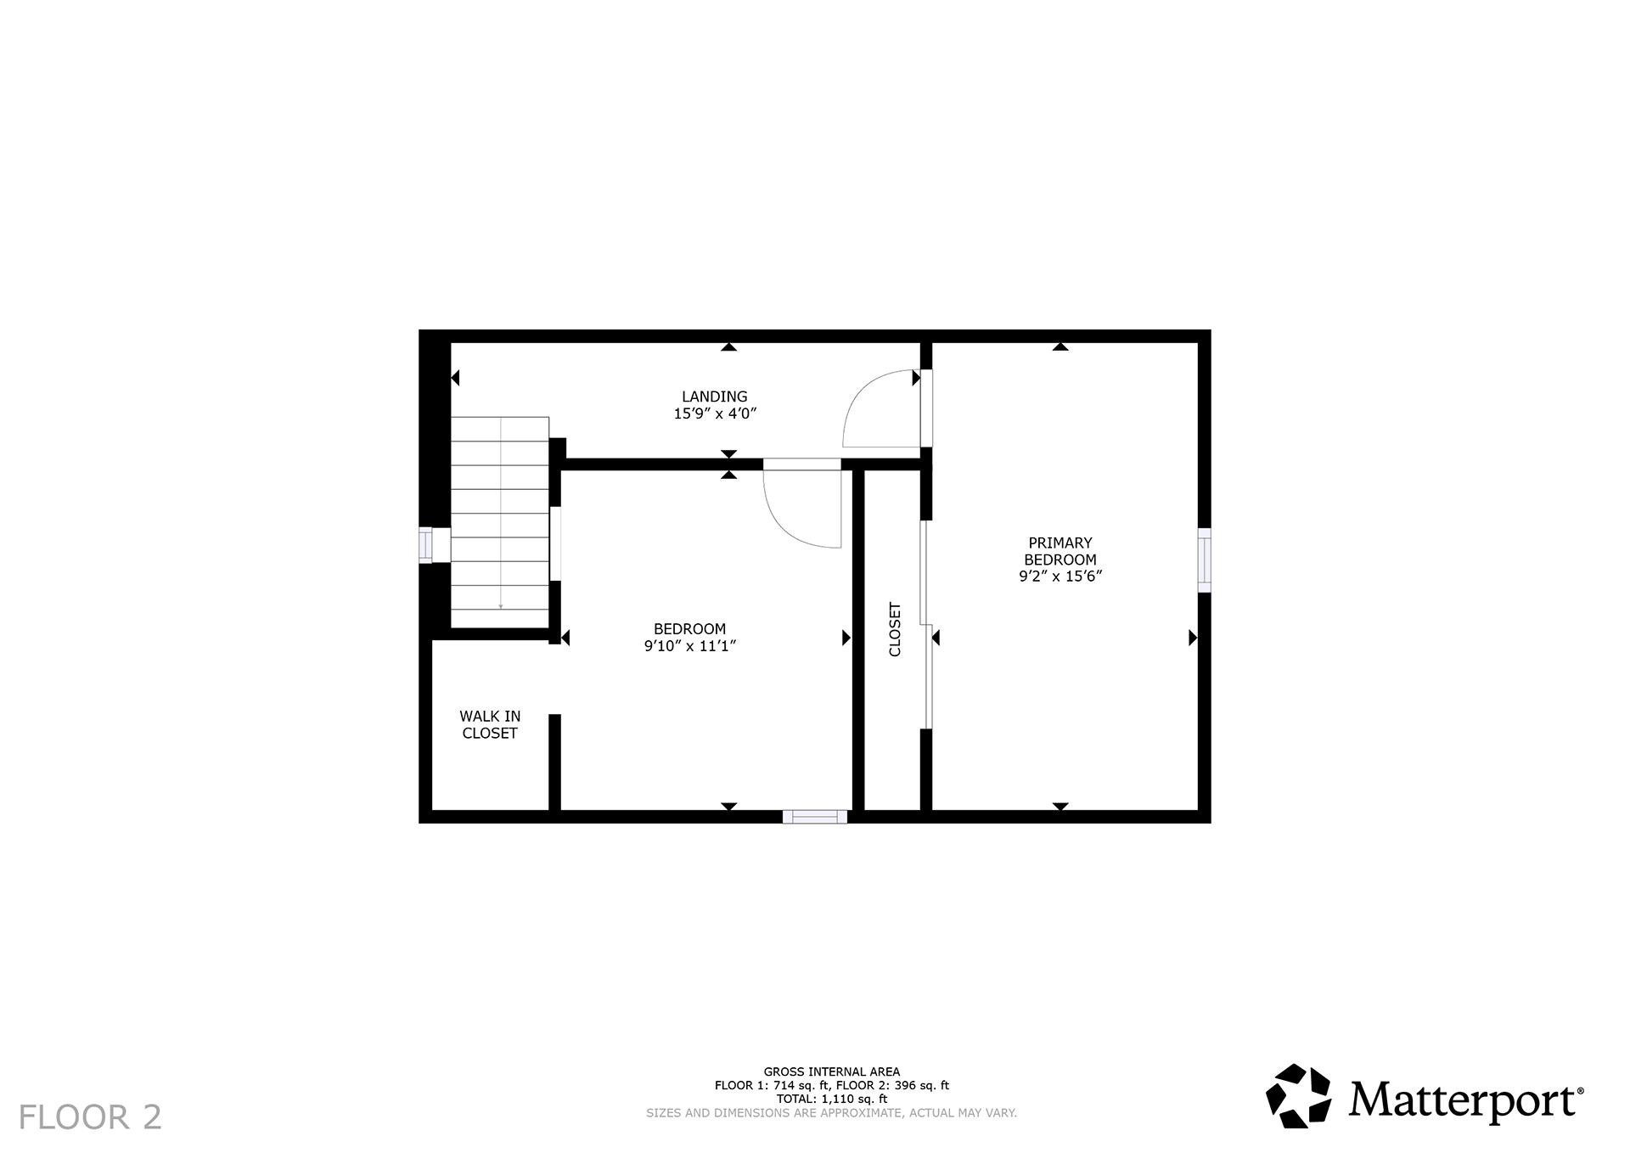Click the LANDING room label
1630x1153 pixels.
click(714, 397)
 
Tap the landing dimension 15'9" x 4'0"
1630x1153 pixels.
click(714, 414)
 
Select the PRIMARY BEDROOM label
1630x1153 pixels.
click(1059, 551)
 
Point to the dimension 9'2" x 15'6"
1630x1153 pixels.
click(1059, 576)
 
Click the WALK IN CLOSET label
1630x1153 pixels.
click(490, 724)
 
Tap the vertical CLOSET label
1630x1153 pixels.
click(895, 629)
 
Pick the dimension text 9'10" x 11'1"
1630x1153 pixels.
click(689, 646)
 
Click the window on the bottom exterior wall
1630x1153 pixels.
click(814, 817)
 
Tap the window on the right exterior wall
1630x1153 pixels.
click(1204, 560)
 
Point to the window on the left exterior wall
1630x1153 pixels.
click(425, 545)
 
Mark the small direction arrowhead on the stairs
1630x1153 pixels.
click(501, 606)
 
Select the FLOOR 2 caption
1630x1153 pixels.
click(90, 1116)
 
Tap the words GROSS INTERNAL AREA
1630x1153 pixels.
click(831, 1071)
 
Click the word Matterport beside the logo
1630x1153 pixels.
click(1464, 1100)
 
